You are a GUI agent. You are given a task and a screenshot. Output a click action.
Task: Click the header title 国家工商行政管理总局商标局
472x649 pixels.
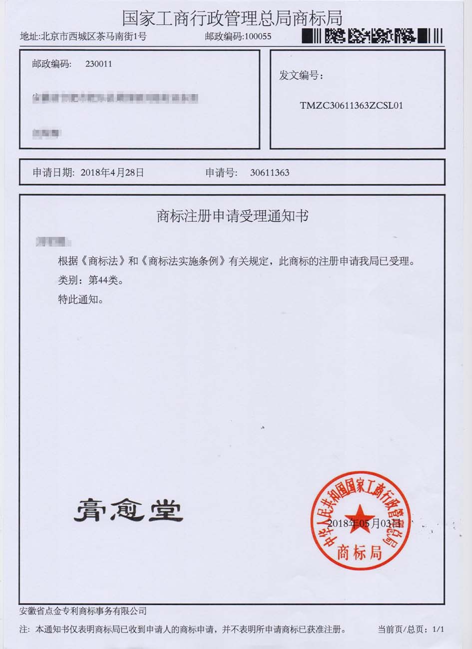(x=232, y=18)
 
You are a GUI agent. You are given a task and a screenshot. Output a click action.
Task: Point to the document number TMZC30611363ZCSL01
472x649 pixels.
(x=351, y=106)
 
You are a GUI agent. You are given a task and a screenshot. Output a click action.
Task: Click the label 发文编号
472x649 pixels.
(x=301, y=76)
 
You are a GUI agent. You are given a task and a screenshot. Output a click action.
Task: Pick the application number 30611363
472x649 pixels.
(x=269, y=173)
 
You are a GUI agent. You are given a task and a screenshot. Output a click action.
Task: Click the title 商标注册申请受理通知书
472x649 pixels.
(x=232, y=216)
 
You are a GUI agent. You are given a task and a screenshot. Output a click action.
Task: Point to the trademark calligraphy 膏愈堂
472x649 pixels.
(x=128, y=511)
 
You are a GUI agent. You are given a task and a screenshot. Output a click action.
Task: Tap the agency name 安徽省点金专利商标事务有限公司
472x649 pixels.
(x=83, y=611)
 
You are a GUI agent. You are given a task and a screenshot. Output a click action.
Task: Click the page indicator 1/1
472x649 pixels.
(x=438, y=630)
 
